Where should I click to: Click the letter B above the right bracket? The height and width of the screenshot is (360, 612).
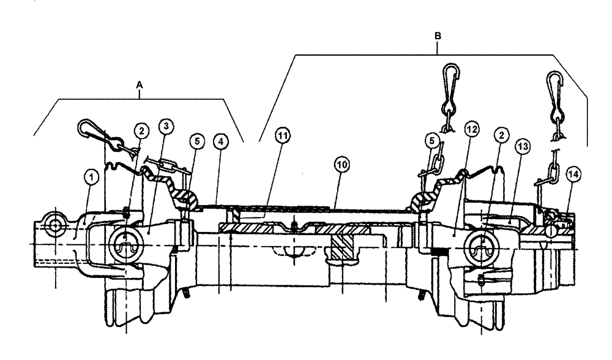point(438,37)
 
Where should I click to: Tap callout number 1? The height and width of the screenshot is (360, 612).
point(91,178)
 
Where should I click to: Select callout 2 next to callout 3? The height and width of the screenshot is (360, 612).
point(141,130)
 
